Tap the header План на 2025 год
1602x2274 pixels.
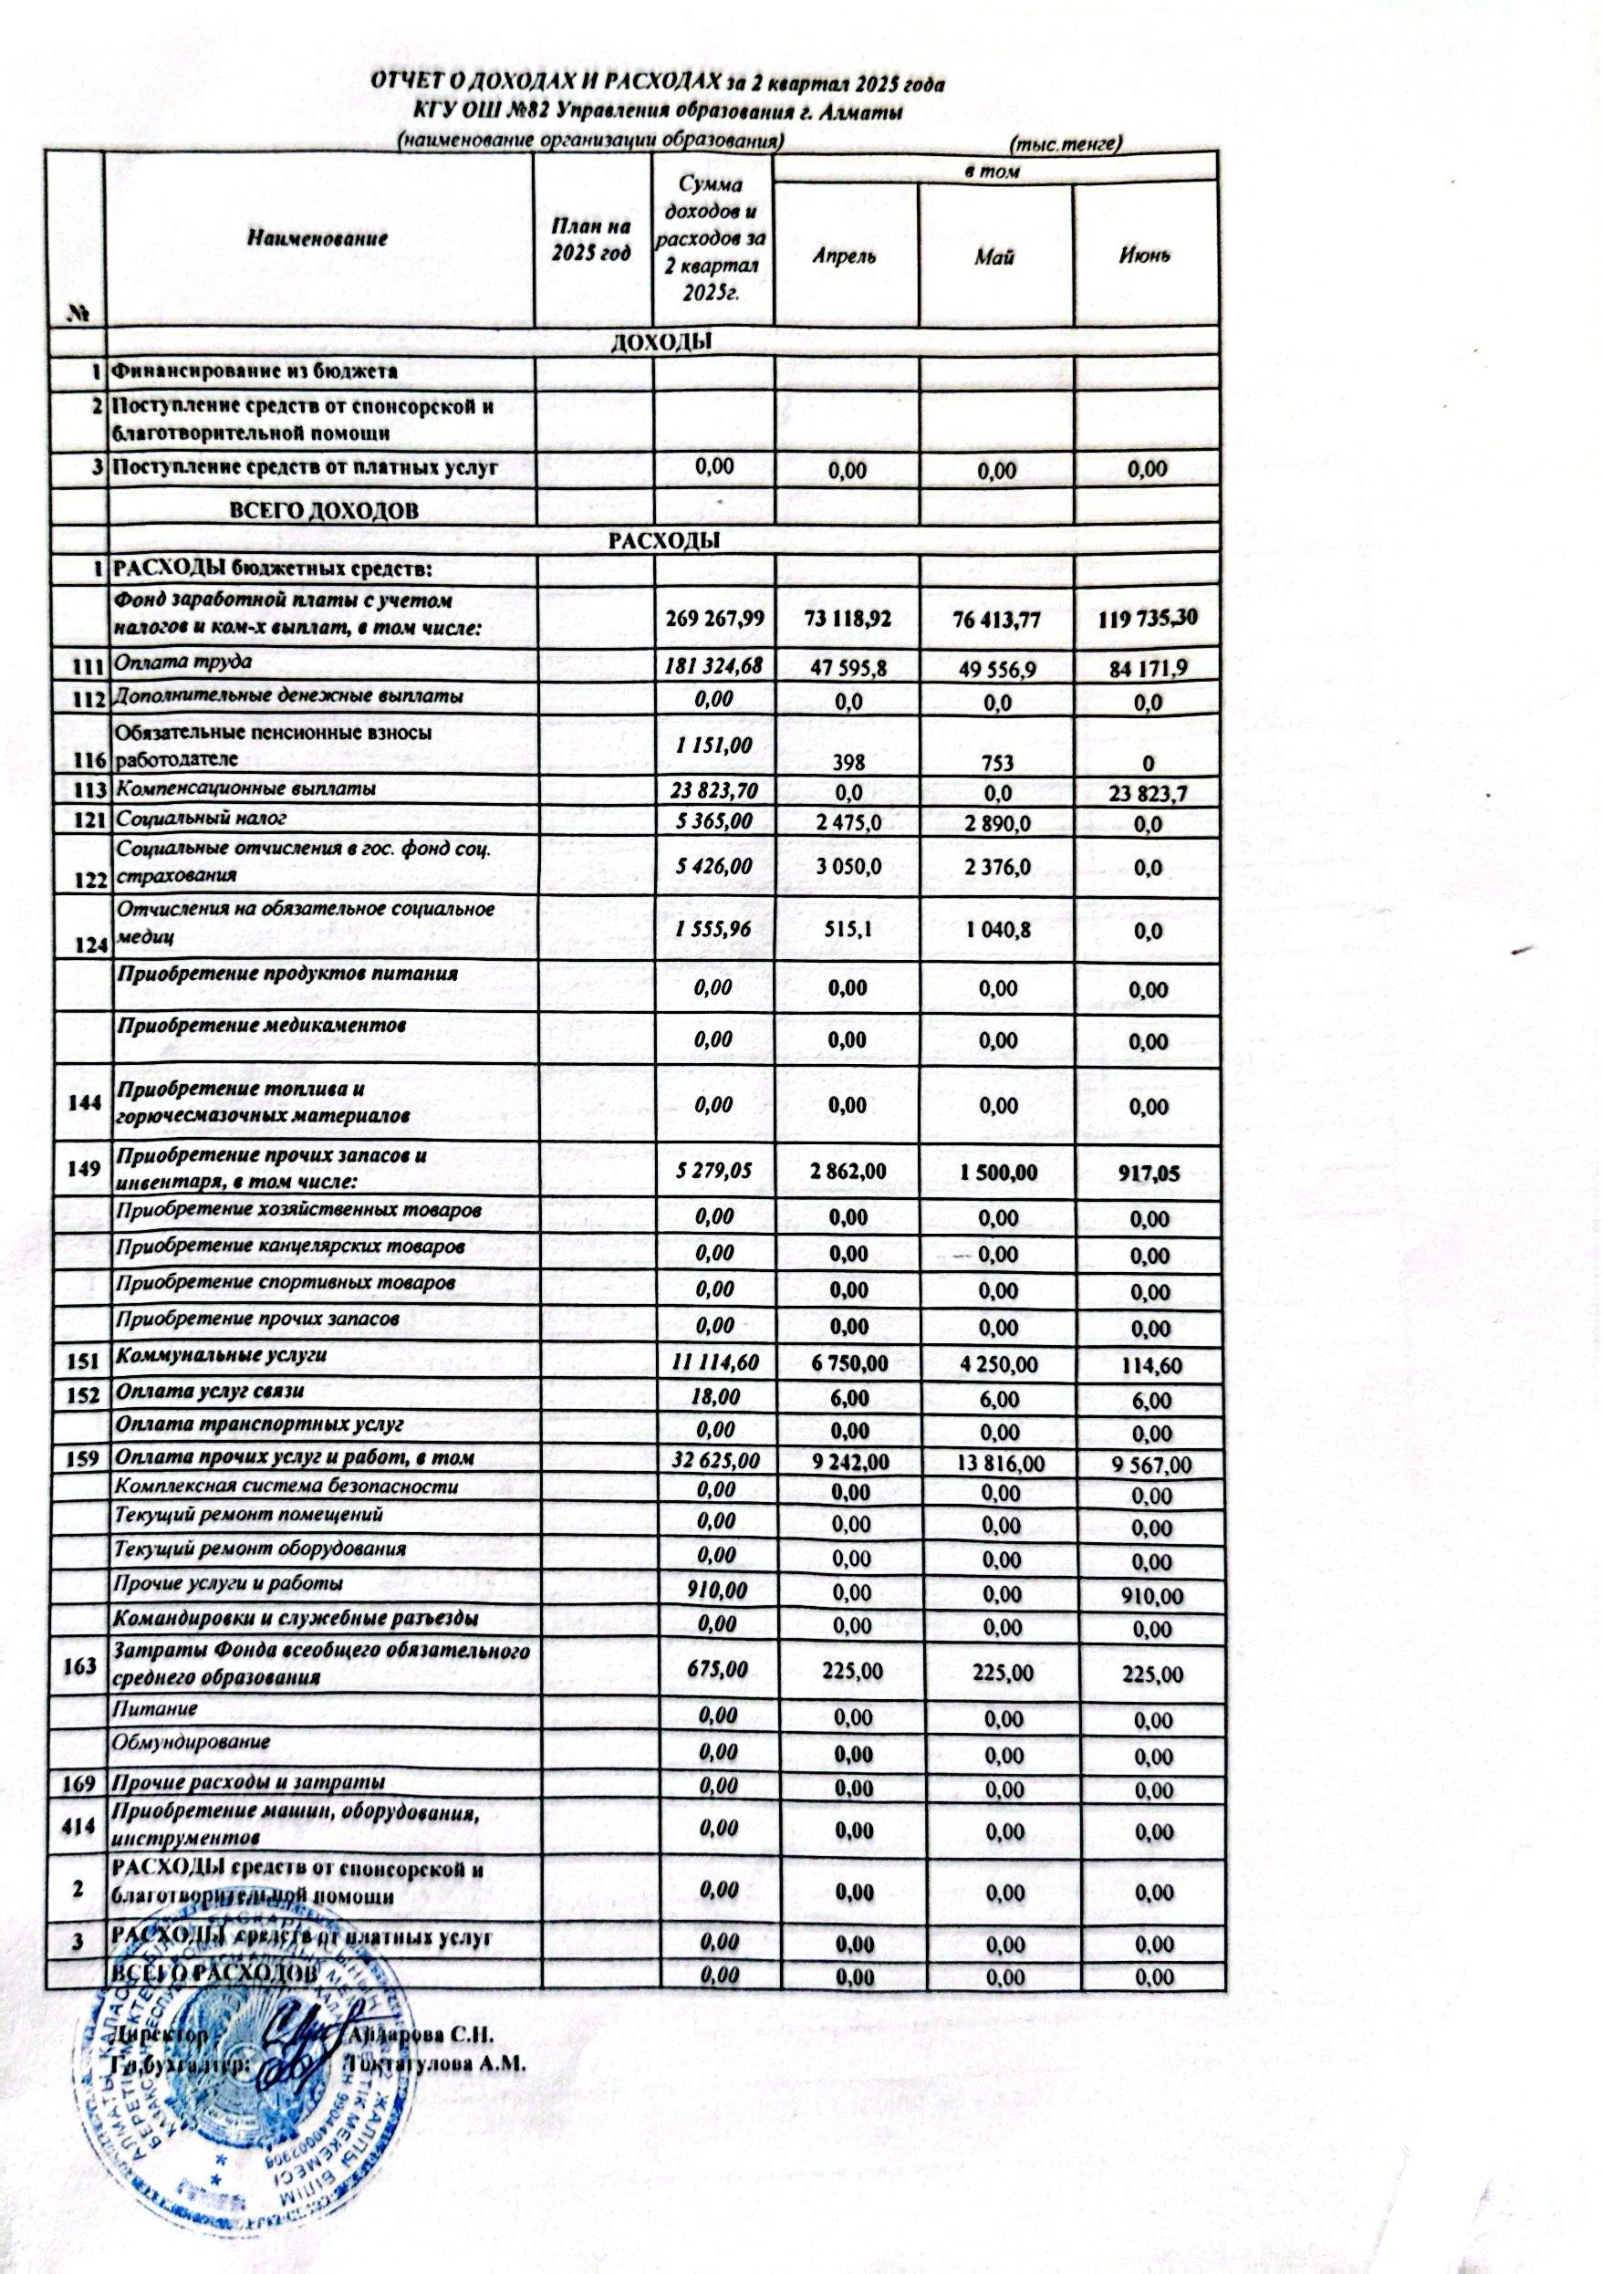click(x=591, y=242)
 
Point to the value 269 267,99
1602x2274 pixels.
click(x=713, y=618)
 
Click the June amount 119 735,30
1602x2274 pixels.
click(x=1149, y=620)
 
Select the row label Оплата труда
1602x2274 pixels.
click(x=184, y=662)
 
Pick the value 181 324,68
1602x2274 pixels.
click(x=713, y=664)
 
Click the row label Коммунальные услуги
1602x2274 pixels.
click(x=222, y=1355)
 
